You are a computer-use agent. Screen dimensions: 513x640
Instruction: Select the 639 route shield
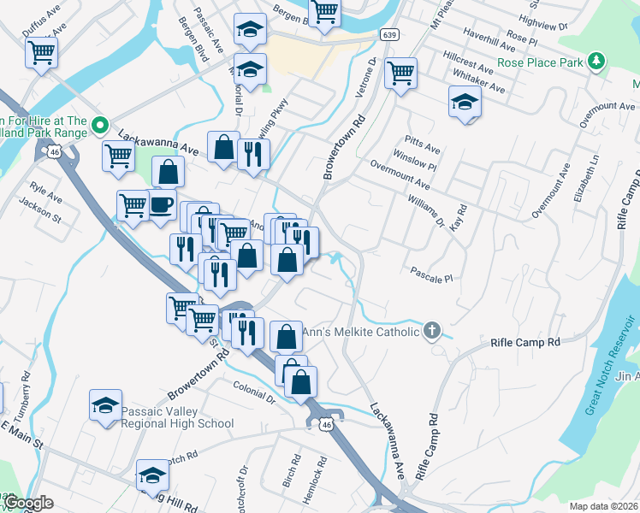tap(389, 34)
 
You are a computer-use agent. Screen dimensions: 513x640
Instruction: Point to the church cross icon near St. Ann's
tap(433, 331)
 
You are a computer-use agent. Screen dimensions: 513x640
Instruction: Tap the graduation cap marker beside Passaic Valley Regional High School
tap(106, 405)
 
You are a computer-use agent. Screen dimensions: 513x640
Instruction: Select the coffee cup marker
tap(162, 205)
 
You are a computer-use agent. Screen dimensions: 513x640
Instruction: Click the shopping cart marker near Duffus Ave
tap(42, 52)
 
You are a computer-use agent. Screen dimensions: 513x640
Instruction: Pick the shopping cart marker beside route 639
tap(400, 73)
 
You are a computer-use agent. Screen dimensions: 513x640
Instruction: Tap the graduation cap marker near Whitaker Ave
tap(465, 102)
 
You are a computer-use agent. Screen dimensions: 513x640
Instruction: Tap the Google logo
tap(28, 504)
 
